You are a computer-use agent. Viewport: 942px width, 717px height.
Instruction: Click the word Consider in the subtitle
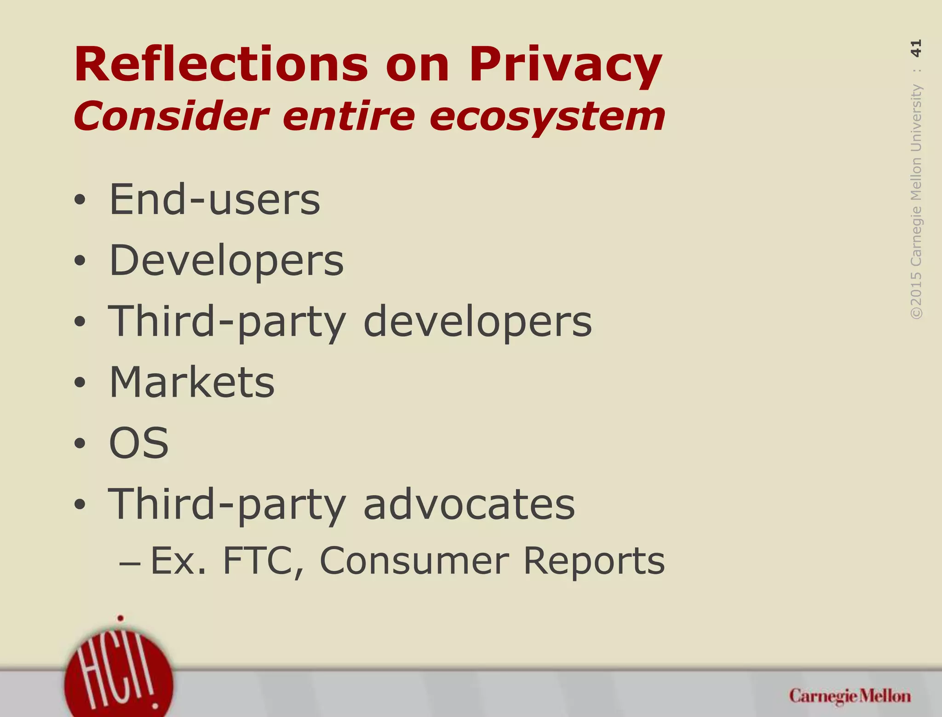point(171,116)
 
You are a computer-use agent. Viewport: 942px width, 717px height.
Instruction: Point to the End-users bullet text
point(214,199)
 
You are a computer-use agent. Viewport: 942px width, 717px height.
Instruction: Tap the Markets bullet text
point(192,382)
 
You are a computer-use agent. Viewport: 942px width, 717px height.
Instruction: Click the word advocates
point(469,504)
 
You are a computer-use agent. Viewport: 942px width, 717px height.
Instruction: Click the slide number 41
point(916,48)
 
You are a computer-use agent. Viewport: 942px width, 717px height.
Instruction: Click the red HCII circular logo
point(119,676)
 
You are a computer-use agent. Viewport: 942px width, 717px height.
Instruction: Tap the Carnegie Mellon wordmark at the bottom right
point(850,696)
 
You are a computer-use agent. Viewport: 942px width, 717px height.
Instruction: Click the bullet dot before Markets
point(80,382)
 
